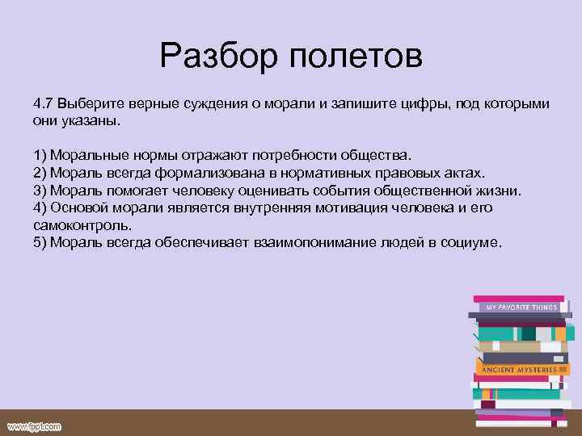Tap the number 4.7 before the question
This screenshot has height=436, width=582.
pyautogui.click(x=44, y=105)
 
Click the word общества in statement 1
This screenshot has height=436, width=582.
pyautogui.click(x=381, y=154)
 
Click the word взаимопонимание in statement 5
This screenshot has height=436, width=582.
pyautogui.click(x=308, y=243)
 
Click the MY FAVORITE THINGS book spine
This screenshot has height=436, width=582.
pyautogui.click(x=521, y=308)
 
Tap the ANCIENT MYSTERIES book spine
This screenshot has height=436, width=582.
pyautogui.click(x=519, y=369)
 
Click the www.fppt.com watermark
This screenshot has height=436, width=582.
pyautogui.click(x=34, y=425)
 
